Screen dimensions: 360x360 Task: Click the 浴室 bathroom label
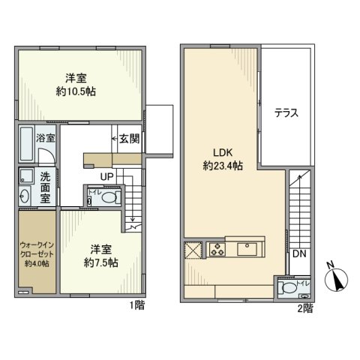point(46,138)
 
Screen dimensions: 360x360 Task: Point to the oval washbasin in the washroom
point(25,196)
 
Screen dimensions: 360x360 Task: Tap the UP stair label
point(108,177)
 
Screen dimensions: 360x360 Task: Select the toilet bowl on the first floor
point(109,198)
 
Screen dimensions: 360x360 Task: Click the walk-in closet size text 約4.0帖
point(36,264)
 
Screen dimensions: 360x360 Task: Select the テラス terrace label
point(286,114)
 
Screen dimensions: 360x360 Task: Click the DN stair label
point(298,255)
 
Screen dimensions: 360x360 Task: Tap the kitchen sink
point(247,248)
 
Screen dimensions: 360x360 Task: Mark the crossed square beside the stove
point(193,249)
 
